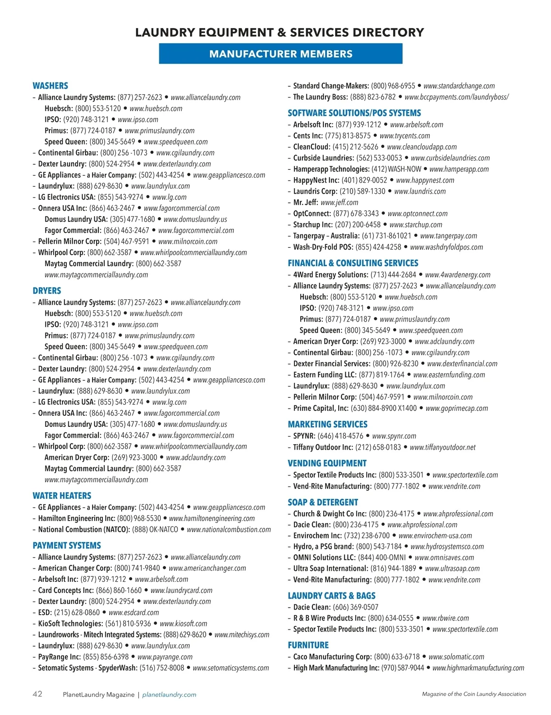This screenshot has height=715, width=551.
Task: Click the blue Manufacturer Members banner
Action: point(281,54)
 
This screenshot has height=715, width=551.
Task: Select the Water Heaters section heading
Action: point(62,496)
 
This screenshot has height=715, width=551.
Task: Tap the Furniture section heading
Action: point(308,645)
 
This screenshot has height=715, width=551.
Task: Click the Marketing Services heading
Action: point(327,424)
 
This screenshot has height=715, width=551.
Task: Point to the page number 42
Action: point(37,694)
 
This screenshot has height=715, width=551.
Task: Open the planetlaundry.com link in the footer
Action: point(169,694)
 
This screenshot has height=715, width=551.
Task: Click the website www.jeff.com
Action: point(339,202)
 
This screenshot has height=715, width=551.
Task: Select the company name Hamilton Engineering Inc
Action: point(77,518)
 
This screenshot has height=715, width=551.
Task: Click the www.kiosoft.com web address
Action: point(183,624)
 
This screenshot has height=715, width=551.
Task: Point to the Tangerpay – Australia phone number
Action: point(387,236)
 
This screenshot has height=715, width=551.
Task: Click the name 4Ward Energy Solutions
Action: point(331,275)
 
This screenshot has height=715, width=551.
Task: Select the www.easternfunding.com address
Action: point(449,374)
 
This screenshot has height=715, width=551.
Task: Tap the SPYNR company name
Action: point(304,436)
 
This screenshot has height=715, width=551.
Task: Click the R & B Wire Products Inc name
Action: point(329,618)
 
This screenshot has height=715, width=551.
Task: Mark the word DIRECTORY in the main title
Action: point(387,32)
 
